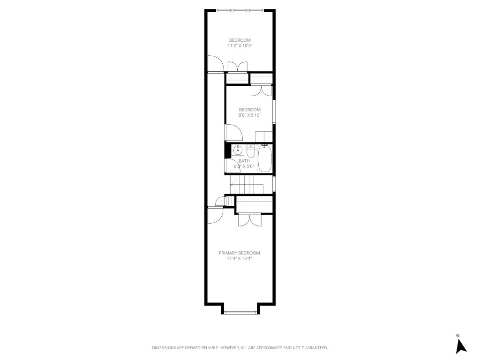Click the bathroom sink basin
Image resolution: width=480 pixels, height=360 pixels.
tap(238, 150)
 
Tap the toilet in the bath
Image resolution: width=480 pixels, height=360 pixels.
tap(251, 153)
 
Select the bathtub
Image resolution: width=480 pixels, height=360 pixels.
tap(265, 159)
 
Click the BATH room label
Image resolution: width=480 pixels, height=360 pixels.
tap(244, 161)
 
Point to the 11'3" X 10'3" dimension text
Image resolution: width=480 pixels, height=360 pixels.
tap(240, 46)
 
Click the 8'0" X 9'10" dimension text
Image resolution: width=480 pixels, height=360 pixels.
tap(249, 115)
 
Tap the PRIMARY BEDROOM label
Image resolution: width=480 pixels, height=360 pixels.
tap(239, 253)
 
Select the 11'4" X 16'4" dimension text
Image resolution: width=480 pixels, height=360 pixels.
tap(239, 258)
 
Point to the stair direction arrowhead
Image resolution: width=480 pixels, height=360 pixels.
tap(232, 184)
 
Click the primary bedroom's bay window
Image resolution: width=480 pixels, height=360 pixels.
tap(240, 312)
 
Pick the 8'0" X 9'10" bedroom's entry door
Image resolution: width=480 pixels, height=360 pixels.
tap(233, 132)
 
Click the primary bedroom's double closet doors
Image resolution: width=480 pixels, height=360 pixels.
tap(249, 219)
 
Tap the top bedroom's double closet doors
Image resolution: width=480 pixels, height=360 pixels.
tap(237, 67)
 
